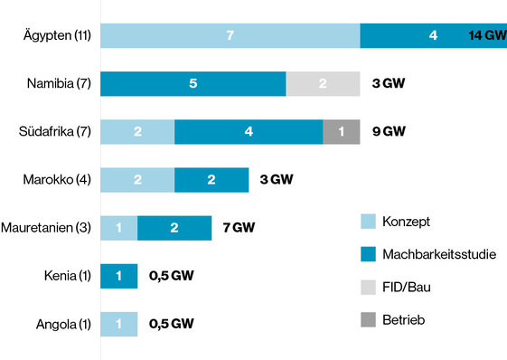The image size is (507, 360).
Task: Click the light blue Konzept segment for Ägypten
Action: pos(230,35)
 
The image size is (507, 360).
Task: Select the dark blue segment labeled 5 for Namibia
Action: pos(192,83)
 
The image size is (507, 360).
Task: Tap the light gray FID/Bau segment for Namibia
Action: pos(323,83)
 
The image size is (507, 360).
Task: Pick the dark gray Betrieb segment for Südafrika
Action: pos(341,131)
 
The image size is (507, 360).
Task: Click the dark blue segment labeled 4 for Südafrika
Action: pos(249,131)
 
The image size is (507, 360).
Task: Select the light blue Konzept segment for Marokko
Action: pos(137,179)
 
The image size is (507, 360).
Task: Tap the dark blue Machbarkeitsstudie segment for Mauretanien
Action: pos(174,228)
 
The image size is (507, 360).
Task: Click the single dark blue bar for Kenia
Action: pos(118,276)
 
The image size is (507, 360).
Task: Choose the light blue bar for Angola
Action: pos(118,324)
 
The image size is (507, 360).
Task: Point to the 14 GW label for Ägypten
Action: pos(486,35)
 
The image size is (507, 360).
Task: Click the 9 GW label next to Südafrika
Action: pos(389,131)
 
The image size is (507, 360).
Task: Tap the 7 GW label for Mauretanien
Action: pos(239,228)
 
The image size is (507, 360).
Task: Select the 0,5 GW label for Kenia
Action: pos(171,276)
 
